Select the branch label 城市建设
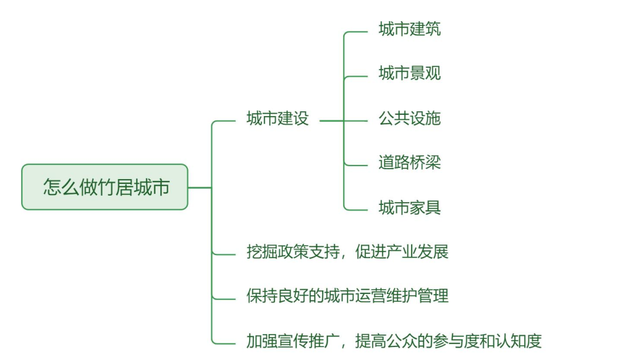tap(277, 118)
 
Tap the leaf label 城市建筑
tap(409, 29)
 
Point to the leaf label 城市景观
tap(409, 74)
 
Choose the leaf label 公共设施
tap(409, 118)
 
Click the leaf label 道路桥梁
tap(409, 163)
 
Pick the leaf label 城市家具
tap(409, 207)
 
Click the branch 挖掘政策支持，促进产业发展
tap(347, 252)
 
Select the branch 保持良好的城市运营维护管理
tap(347, 296)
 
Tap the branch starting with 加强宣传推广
tap(393, 341)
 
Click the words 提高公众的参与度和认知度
tap(448, 341)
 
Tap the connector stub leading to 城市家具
tap(356, 210)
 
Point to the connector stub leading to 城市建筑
tap(356, 32)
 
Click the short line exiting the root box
tap(199, 187)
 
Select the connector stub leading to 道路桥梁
tap(356, 165)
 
